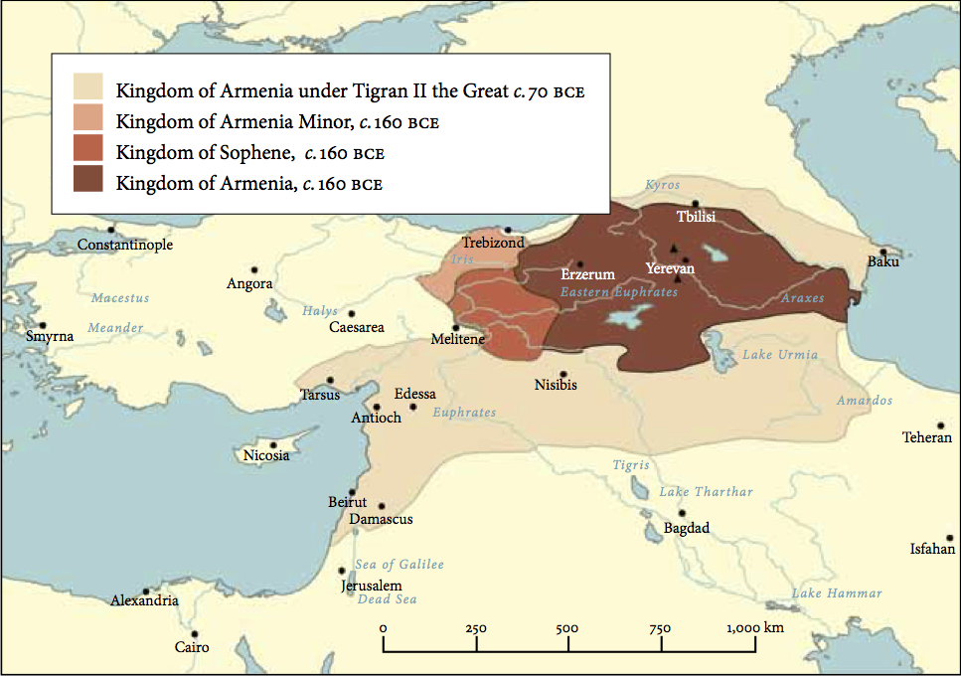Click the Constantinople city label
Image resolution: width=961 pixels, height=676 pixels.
pos(125,245)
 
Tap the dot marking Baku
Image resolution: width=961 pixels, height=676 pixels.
pos(881,252)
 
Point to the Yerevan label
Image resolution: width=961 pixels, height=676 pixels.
pos(670,268)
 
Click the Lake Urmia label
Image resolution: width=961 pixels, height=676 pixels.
pos(780,355)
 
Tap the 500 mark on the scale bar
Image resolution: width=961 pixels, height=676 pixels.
pos(567,629)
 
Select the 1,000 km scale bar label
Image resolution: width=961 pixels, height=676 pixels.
pos(755,628)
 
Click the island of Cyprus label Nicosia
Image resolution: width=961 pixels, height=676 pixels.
pos(266,456)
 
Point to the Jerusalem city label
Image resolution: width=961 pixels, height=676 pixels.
pos(372,586)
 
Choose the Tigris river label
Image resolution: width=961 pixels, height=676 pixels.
pos(631,465)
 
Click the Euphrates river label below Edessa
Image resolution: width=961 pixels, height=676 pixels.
pos(464,413)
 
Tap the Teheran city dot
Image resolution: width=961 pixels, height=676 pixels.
pos(939,423)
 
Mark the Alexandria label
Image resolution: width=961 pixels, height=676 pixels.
pos(145,600)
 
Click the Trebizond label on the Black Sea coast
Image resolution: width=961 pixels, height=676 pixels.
pos(492,243)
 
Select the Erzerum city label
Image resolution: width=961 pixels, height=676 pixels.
pos(587,274)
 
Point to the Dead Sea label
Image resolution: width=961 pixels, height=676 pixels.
pos(387,599)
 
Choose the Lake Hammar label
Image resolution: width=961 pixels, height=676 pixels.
pos(837,593)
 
